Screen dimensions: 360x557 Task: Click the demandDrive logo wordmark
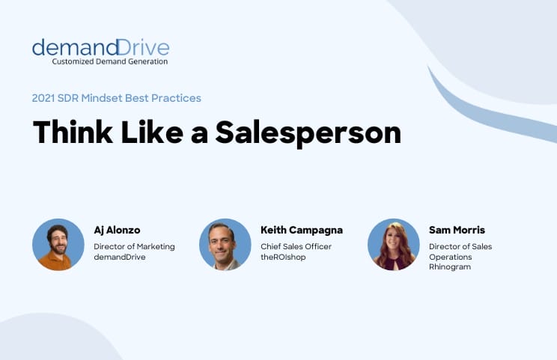pos(100,47)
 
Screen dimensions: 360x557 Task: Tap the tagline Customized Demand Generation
pos(109,61)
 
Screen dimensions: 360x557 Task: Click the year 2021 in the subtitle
pos(44,98)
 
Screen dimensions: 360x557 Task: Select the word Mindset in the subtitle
pos(114,98)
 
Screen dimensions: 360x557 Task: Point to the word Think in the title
pos(71,132)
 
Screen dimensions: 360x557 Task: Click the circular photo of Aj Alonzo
pos(58,245)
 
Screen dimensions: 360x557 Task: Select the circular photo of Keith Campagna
pos(225,245)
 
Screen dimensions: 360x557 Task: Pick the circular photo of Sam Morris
pos(394,245)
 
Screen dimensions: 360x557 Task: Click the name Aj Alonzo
pos(117,230)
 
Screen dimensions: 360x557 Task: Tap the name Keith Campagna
pos(301,230)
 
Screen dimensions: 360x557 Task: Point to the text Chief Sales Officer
pos(296,245)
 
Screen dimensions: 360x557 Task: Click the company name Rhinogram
pos(450,266)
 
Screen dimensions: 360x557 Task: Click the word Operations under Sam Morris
pos(451,256)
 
